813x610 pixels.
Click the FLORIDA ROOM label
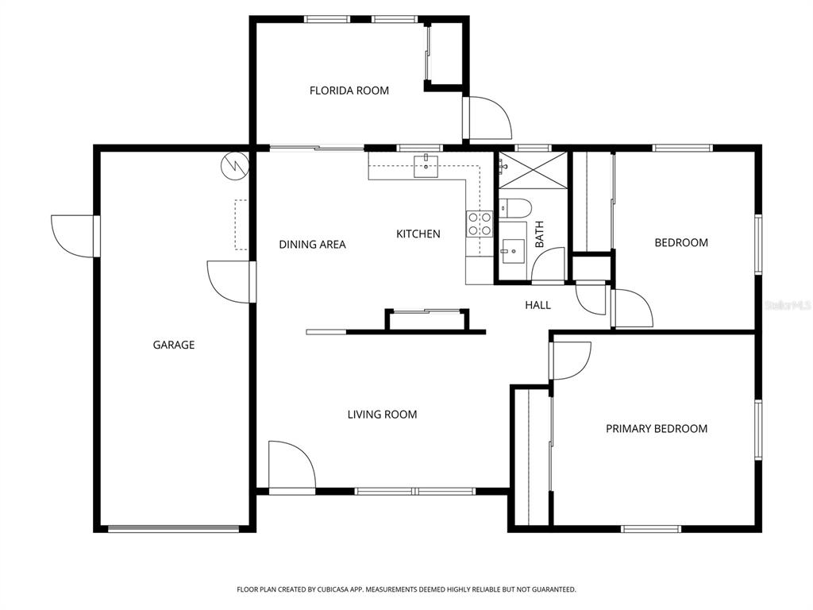[349, 91]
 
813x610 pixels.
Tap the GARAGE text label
[174, 345]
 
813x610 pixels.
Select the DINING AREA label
[312, 245]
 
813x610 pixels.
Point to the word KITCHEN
[418, 234]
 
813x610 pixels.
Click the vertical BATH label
[540, 234]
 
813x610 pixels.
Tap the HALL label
[538, 305]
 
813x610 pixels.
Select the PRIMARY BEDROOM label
[657, 429]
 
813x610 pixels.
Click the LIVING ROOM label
[382, 415]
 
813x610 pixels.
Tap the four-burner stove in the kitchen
[480, 223]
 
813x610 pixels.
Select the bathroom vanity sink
[512, 251]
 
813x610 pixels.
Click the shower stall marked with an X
[533, 170]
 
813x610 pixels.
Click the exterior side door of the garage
[73, 236]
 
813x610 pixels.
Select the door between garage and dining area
[230, 281]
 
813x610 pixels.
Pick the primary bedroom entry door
[571, 359]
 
